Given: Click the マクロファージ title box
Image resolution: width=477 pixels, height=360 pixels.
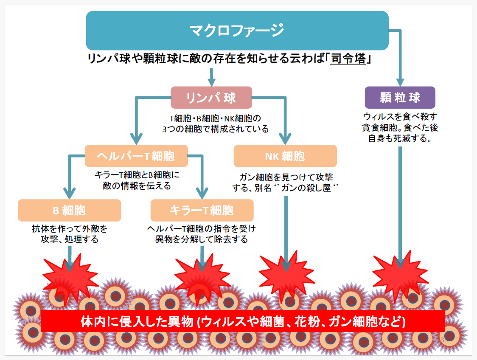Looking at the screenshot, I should pos(237,30).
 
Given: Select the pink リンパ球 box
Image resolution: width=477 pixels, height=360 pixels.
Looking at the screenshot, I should pos(211,98).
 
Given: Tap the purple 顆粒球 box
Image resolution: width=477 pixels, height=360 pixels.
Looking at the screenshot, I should pos(400,98).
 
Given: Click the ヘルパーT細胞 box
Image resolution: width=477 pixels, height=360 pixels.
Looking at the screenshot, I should pos(136,156).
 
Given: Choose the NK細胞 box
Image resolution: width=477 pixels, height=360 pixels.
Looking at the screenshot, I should pos(285,156).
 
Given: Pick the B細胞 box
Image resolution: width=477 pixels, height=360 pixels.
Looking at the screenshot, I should pos(69,210).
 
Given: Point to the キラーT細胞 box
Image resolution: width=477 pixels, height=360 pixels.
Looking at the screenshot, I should pos(202,210).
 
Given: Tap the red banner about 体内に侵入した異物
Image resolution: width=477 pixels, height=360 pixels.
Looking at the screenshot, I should pos(243,321).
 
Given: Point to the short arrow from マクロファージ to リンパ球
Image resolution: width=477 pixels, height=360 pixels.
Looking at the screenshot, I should pos(211,76).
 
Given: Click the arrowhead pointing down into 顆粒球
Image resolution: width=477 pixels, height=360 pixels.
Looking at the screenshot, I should pos(400,82).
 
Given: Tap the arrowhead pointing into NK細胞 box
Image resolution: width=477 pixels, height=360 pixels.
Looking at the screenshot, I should pos(285,138).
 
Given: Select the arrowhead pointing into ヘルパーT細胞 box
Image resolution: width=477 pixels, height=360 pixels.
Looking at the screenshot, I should pos(136,138).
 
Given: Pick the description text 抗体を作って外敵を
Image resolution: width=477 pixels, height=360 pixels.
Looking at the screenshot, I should pos(69,229).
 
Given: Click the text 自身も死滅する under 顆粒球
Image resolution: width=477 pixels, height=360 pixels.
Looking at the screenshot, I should pos(400,138).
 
